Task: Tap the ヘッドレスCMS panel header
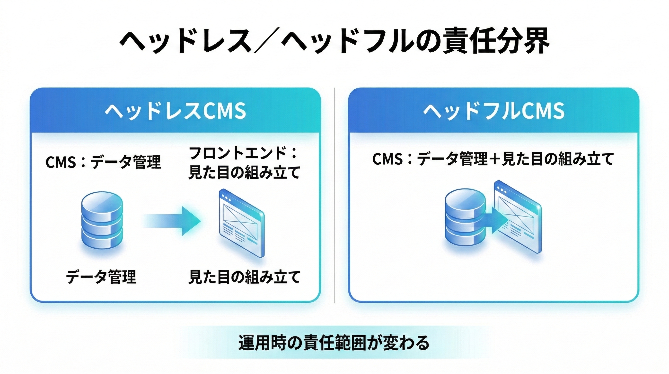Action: [175, 111]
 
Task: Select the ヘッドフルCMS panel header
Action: [493, 111]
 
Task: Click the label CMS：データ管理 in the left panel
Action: [103, 162]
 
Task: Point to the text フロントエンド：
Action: [243, 153]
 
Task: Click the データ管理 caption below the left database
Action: [101, 277]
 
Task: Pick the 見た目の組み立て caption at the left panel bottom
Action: [244, 277]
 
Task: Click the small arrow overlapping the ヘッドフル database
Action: [495, 220]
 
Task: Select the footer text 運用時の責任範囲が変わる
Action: [334, 343]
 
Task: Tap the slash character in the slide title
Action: [267, 42]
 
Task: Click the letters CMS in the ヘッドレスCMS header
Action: [224, 111]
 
